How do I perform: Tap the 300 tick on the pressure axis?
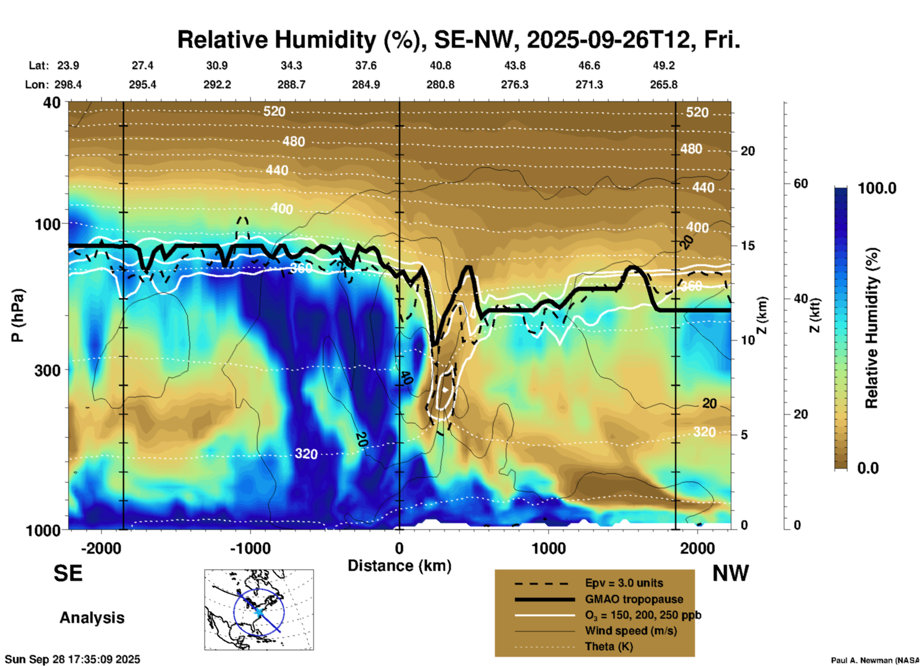tap(48, 370)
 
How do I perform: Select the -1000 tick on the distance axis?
tap(250, 548)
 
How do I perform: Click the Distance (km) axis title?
tap(399, 566)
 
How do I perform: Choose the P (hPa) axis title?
tap(18, 315)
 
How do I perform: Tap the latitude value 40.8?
tap(440, 65)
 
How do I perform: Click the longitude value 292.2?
tap(217, 85)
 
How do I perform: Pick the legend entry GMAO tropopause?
tap(634, 599)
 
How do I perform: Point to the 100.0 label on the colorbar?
tap(877, 188)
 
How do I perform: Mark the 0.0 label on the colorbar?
tap(868, 468)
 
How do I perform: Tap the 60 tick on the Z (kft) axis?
tap(801, 184)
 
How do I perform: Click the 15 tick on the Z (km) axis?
tap(748, 246)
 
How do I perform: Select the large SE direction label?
tap(68, 573)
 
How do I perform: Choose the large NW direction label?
tap(730, 573)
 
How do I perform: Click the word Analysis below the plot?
tap(92, 618)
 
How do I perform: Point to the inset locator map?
tap(259, 610)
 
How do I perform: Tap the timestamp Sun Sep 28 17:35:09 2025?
tap(73, 659)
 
